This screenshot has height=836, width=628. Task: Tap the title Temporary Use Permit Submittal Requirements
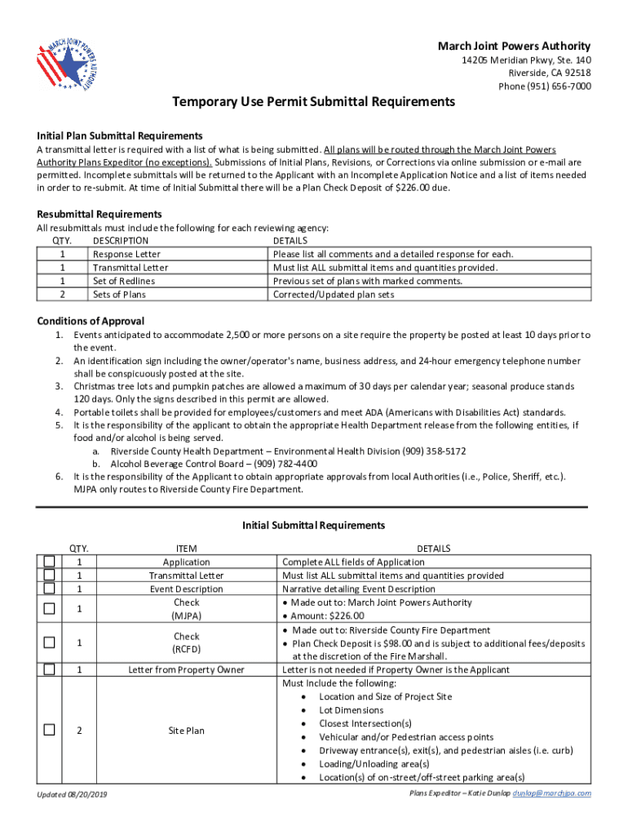[x=313, y=102]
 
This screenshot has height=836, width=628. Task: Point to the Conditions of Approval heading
[x=91, y=321]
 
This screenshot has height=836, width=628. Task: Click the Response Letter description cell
[x=126, y=254]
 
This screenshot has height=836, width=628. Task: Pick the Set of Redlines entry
[x=124, y=281]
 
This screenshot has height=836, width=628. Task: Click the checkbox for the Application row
[x=50, y=562]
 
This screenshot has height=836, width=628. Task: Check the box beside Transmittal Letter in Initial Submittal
[x=50, y=575]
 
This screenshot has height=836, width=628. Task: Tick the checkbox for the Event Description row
[x=50, y=589]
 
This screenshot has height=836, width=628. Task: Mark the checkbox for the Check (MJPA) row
[x=50, y=608]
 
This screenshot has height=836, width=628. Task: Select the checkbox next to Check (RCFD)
[x=50, y=643]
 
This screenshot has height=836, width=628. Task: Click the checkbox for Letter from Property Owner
[x=50, y=669]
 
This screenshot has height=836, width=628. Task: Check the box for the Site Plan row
[x=50, y=730]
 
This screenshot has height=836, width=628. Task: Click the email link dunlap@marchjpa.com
[x=551, y=793]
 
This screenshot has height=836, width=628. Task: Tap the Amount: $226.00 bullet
[x=328, y=616]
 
